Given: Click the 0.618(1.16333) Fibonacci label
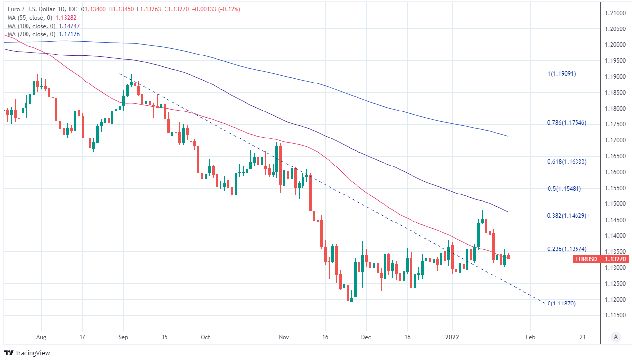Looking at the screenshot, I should (566, 162).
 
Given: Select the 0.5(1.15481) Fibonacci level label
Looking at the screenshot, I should (564, 189).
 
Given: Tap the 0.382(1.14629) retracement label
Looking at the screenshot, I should (566, 216).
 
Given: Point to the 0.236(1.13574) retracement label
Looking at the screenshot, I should (566, 249).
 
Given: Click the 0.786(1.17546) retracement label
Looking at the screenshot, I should (566, 123).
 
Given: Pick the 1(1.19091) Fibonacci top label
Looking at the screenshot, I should (562, 74).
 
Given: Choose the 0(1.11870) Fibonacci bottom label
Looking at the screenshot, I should (561, 304).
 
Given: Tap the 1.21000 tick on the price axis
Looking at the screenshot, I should (615, 13).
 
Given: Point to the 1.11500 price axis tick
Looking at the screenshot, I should (615, 315).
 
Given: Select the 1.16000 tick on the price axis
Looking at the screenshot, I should (615, 172).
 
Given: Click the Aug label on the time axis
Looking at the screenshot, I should (41, 337).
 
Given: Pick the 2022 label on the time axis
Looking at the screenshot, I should (452, 337).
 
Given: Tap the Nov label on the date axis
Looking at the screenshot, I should (283, 337).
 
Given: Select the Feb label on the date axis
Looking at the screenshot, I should (530, 337).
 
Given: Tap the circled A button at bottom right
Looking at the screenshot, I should (615, 337).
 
